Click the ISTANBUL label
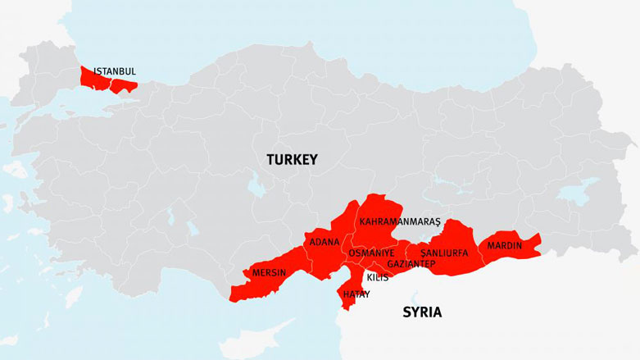tap(114, 71)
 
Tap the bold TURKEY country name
tap(291, 161)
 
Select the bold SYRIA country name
tap(422, 312)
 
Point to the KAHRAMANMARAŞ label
tap(400, 221)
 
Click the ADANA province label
tap(325, 242)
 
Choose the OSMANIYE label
tap(371, 253)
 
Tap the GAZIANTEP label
tap(411, 264)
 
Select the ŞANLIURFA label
tap(443, 253)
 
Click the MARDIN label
tap(506, 245)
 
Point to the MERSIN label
tap(269, 272)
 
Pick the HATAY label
tap(356, 294)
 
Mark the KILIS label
tap(378, 278)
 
